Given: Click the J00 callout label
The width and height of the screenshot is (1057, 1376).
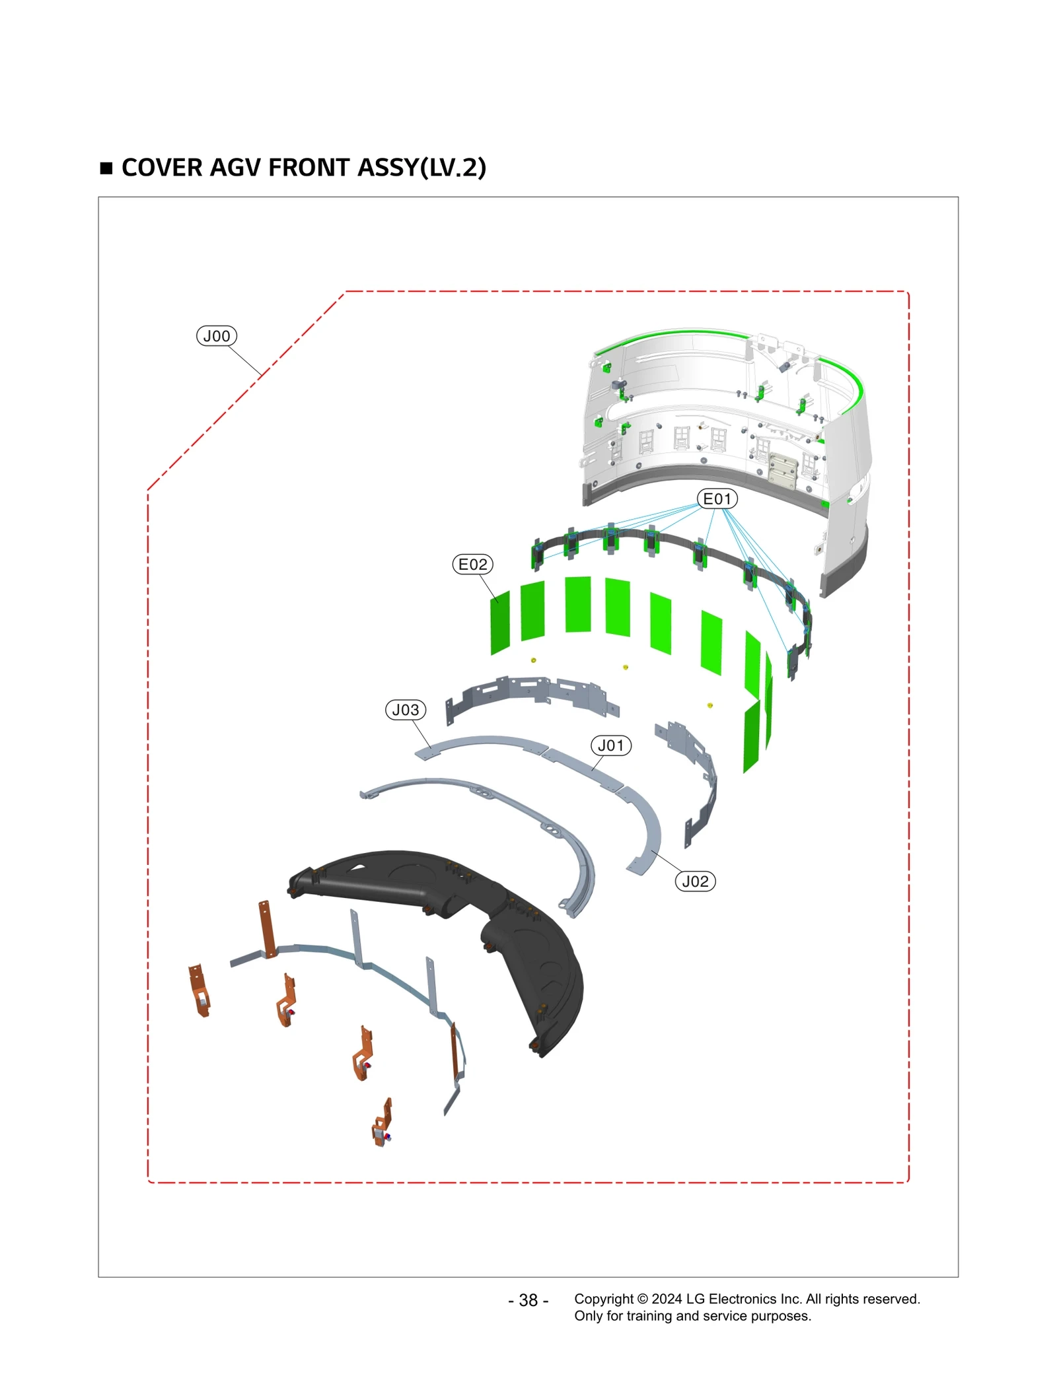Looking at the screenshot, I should [216, 336].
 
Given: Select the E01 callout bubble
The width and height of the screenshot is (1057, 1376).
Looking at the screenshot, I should [717, 499].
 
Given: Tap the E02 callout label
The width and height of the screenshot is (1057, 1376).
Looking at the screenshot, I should [472, 565].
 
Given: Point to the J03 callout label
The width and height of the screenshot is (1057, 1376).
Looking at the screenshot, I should [405, 710].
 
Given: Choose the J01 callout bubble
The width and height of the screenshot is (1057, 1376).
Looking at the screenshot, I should [610, 745].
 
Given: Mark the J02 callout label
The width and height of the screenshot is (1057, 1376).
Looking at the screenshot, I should [695, 881].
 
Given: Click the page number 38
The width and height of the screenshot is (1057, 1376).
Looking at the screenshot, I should [528, 1300].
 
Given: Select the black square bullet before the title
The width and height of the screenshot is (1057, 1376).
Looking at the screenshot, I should [106, 168].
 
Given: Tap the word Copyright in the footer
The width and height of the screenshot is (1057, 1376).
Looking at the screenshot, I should [604, 1299].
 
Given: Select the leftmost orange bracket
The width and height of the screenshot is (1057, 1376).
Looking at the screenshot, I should [199, 990].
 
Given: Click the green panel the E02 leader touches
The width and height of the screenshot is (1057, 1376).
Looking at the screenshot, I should [500, 622].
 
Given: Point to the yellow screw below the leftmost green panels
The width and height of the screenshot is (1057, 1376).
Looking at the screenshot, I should [534, 660].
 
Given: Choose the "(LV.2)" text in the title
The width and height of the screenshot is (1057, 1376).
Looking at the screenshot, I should [453, 168].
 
